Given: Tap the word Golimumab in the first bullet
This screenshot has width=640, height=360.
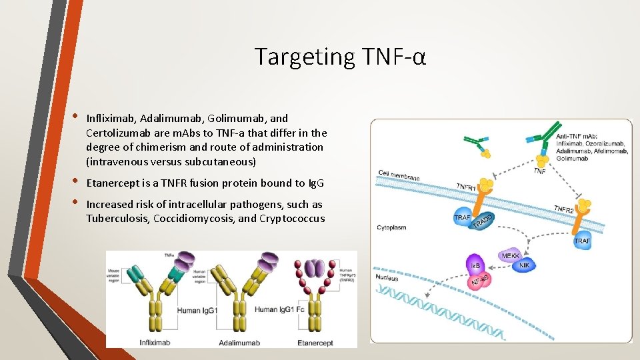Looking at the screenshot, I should [x=233, y=118].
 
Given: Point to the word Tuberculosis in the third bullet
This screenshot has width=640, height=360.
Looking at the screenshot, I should [x=119, y=219].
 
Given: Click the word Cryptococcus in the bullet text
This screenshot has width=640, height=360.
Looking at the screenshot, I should [x=293, y=219].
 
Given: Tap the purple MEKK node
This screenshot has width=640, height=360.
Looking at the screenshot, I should [x=511, y=255].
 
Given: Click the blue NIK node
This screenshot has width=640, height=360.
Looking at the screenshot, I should [x=525, y=265].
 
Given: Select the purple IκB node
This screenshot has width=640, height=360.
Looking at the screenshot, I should [x=475, y=266].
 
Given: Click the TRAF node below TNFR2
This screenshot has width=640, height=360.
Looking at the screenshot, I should [x=582, y=241].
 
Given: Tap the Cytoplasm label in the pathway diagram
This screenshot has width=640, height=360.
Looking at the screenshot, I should [x=391, y=227].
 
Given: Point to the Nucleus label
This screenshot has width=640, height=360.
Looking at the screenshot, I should [x=387, y=277].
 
